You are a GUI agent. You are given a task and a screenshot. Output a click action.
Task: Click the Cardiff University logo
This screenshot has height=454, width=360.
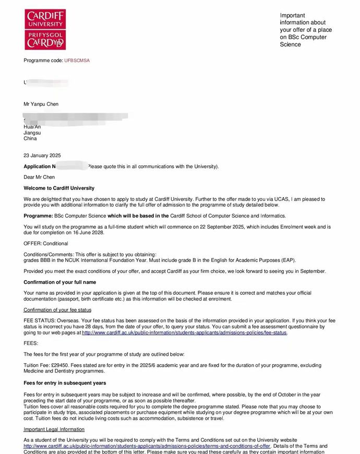tap(45, 29)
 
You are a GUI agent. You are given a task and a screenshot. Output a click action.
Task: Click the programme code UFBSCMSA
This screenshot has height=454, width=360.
tap(77, 61)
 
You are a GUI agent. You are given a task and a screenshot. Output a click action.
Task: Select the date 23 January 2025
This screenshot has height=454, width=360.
tap(42, 156)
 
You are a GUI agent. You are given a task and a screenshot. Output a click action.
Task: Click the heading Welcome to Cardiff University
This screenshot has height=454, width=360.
tap(59, 188)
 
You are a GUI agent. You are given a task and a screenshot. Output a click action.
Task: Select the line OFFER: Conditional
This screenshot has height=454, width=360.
tap(46, 244)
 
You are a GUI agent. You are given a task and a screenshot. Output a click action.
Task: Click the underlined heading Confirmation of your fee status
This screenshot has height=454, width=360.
tap(57, 310)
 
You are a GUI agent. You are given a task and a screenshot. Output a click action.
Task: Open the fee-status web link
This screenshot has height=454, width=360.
tap(184, 333)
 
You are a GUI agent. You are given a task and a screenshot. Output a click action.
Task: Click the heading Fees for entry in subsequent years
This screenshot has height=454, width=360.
tap(65, 383)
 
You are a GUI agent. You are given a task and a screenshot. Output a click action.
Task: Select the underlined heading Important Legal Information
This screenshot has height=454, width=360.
tap(54, 429)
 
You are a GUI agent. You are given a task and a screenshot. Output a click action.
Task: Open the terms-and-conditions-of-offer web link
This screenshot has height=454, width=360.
tap(147, 446)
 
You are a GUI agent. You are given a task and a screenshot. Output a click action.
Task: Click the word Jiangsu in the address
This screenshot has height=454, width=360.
tap(32, 133)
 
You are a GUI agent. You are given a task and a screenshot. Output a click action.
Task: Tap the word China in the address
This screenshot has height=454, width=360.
tap(30, 139)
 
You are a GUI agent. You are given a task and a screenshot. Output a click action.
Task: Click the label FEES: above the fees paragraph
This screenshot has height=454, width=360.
tap(31, 343)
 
